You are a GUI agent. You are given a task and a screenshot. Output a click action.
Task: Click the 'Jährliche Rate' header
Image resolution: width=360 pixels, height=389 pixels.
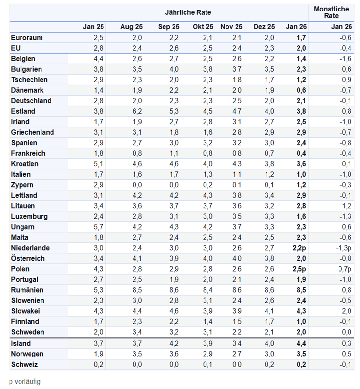point(188,12)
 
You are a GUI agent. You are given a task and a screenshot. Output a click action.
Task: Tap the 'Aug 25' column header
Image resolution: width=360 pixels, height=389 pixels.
point(132,27)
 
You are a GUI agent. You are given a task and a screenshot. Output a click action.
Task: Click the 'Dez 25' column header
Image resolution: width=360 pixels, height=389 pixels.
point(264,27)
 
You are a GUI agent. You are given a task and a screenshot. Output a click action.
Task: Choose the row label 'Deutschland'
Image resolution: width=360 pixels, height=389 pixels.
point(31,101)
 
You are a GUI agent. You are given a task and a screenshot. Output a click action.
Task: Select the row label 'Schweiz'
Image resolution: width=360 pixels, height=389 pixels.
point(24,364)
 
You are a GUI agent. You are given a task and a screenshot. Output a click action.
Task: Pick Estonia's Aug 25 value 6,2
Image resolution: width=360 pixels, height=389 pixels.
point(137,111)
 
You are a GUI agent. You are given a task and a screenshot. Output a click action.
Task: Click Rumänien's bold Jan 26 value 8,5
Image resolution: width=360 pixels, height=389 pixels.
point(301,290)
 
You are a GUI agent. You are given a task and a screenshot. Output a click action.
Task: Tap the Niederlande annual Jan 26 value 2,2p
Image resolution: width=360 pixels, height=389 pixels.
point(299,248)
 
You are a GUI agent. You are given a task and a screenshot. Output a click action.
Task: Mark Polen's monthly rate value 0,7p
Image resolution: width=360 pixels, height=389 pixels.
point(345,269)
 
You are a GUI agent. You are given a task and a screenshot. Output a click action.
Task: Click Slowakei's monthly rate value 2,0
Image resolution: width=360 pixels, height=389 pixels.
point(347,311)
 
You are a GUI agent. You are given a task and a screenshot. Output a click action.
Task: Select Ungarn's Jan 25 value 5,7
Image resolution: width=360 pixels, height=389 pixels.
point(99,227)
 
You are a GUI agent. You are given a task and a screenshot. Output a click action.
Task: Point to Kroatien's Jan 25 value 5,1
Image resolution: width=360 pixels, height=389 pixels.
point(99,164)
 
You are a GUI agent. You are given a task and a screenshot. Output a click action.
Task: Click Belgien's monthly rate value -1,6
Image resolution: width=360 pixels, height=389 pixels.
point(346,59)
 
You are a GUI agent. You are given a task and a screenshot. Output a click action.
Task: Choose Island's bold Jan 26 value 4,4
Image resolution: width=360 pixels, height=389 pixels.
point(301,343)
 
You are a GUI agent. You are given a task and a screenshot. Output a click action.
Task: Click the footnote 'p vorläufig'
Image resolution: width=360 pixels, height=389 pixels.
point(25,381)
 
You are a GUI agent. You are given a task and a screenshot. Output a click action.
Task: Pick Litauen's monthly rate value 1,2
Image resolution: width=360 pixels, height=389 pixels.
point(347,206)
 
